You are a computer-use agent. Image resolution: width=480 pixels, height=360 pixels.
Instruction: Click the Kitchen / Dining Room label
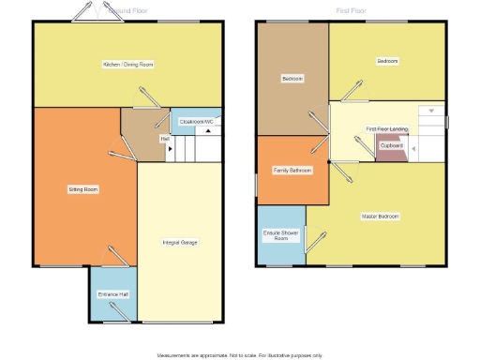click(x=128, y=65)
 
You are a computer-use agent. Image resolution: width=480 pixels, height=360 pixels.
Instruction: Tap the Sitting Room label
click(x=83, y=189)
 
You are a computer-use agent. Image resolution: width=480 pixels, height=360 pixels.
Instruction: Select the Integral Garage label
click(x=180, y=242)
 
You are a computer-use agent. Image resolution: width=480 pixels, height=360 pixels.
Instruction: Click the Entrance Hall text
click(x=112, y=294)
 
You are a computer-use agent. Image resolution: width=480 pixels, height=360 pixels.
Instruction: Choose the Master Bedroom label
click(x=381, y=217)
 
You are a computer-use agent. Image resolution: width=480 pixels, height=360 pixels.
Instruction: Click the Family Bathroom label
click(x=292, y=171)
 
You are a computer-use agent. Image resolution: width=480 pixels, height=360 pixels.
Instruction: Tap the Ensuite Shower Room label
click(x=280, y=234)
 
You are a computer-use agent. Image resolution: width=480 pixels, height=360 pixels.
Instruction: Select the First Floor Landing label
click(x=384, y=128)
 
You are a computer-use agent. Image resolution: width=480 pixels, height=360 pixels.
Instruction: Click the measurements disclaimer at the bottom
click(x=239, y=355)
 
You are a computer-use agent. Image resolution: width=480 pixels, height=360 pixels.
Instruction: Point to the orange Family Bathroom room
click(x=292, y=183)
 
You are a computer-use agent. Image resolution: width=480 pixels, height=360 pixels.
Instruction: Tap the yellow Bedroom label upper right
click(x=387, y=61)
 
